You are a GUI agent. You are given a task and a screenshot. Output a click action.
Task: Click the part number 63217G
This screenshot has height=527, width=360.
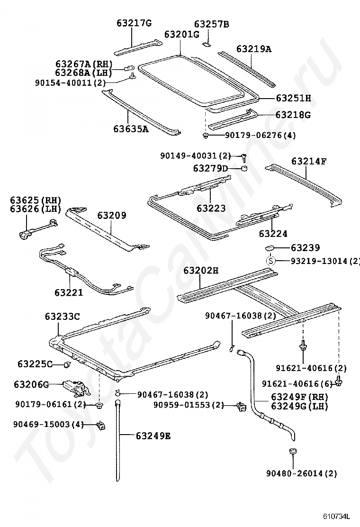click(x=134, y=23)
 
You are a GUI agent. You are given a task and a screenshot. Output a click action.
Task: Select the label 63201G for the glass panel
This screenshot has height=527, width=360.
click(x=181, y=35)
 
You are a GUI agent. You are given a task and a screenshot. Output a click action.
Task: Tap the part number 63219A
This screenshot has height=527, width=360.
click(x=254, y=48)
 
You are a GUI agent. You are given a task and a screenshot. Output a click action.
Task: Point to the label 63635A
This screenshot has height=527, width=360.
click(x=130, y=128)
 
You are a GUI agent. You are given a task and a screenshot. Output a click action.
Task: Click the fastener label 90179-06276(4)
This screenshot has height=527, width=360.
click(x=260, y=136)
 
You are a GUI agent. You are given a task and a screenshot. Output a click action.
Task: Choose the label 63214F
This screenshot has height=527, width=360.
click(x=309, y=161)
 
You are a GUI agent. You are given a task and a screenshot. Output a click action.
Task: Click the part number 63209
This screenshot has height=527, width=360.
click(x=112, y=216)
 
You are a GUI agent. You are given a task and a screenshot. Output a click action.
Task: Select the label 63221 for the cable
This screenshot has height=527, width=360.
click(x=69, y=292)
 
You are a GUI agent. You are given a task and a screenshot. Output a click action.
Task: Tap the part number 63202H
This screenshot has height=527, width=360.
click(x=201, y=271)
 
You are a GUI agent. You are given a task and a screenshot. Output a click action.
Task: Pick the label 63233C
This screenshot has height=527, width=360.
click(x=63, y=316)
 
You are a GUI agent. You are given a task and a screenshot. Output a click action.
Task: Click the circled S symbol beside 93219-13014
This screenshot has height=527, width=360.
click(x=270, y=260)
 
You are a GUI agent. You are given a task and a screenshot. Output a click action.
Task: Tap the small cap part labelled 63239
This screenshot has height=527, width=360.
click(x=270, y=247)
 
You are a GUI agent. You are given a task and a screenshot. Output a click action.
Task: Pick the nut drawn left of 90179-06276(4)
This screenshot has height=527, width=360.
click(x=206, y=136)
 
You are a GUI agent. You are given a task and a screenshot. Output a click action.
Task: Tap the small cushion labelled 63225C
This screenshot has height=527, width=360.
click(x=67, y=364)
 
